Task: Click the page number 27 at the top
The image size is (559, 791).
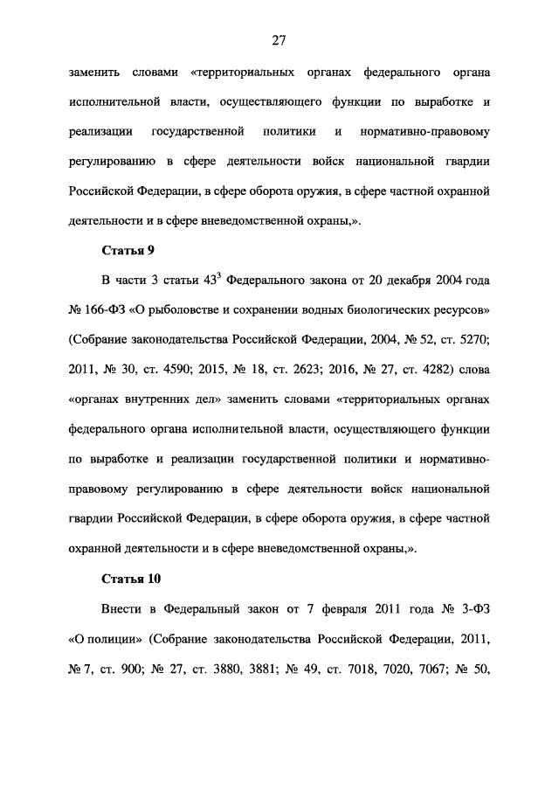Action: (279, 39)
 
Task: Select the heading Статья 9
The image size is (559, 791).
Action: (128, 251)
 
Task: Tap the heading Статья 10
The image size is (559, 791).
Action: (132, 579)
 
